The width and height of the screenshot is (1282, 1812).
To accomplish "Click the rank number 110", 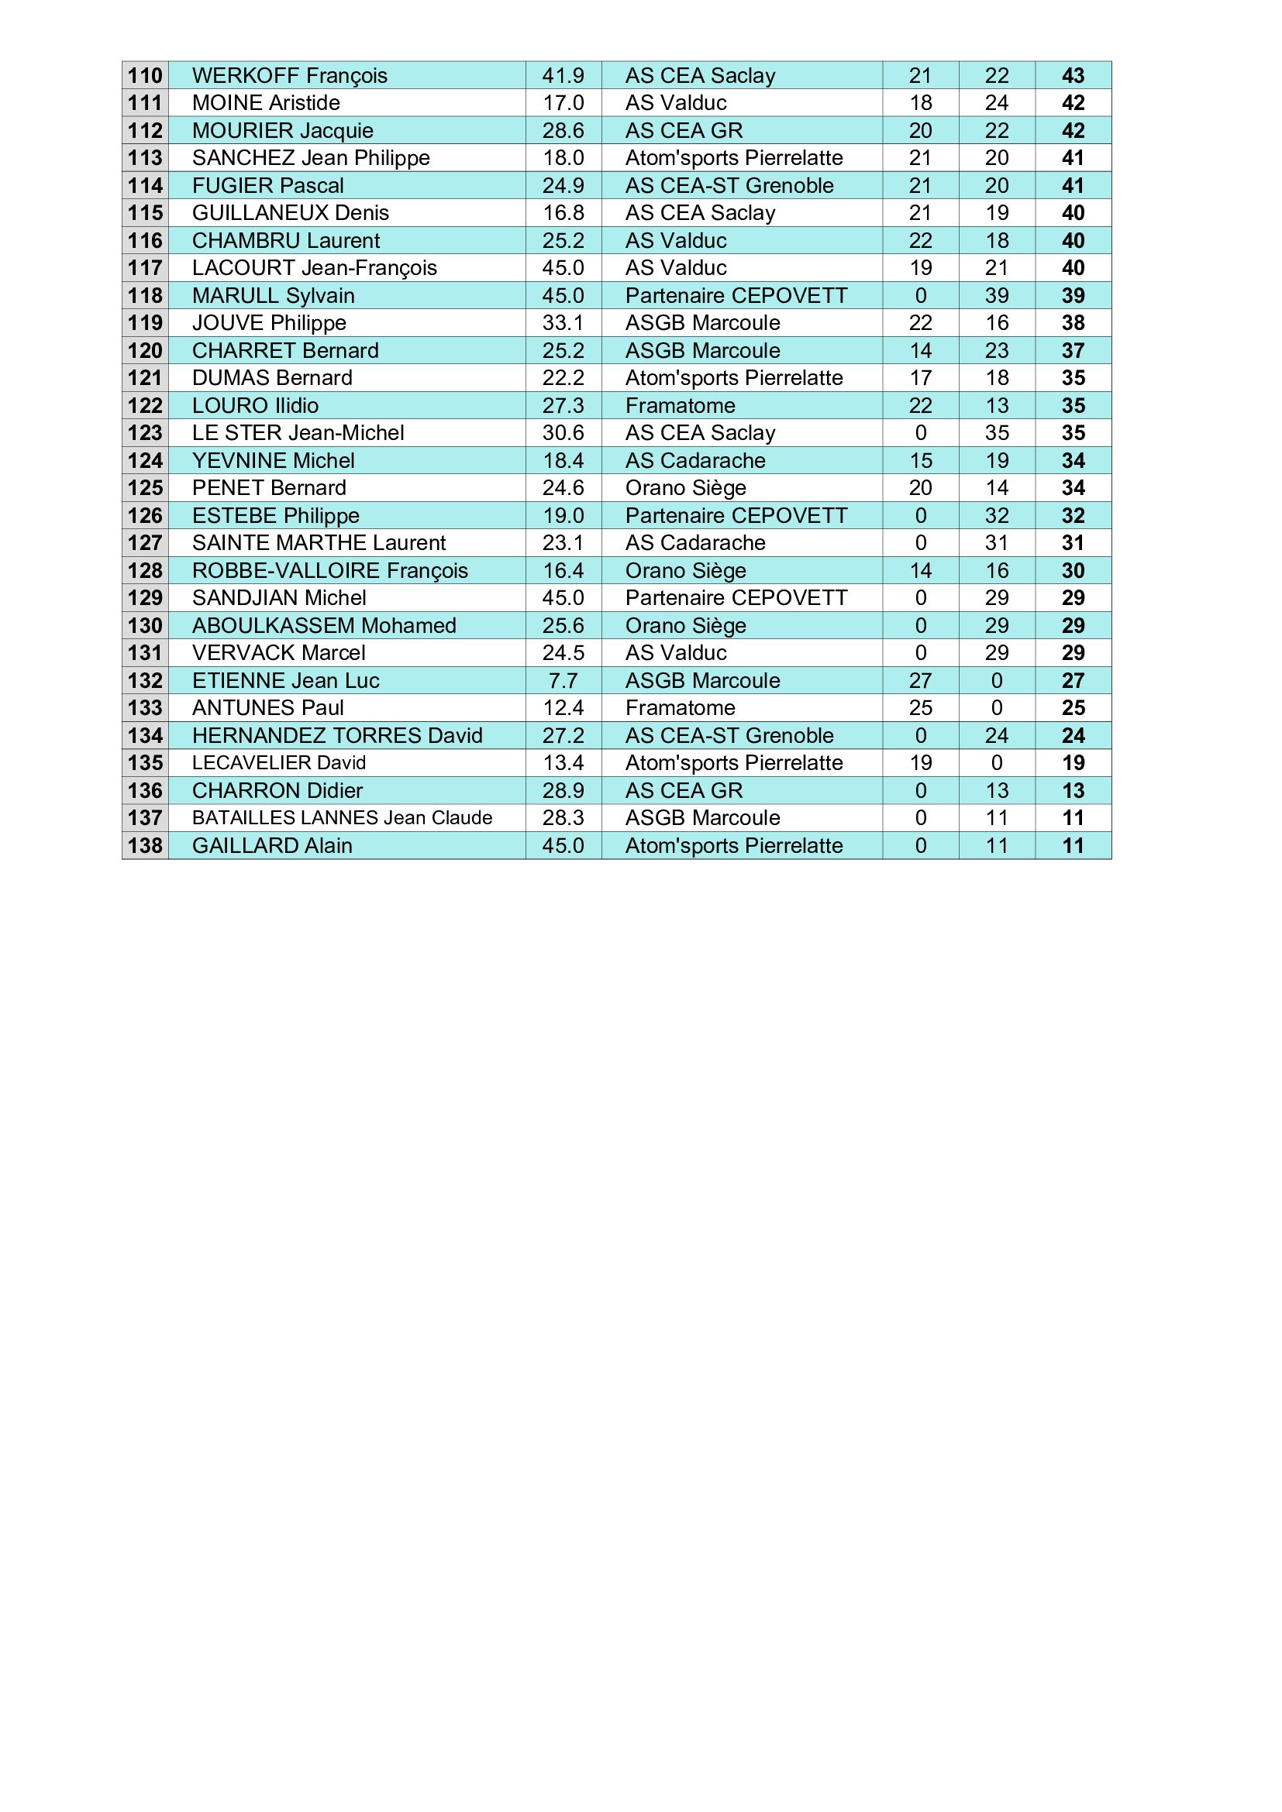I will [145, 76].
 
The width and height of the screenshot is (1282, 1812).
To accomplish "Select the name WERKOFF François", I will [290, 76].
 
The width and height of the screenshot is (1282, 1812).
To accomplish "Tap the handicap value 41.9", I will [563, 76].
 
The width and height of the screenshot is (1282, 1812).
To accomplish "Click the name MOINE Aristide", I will [266, 102].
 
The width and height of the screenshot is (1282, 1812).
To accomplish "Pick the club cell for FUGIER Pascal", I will [729, 185].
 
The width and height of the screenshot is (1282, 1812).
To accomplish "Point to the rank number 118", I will [145, 295].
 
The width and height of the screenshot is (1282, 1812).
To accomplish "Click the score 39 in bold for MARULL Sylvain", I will [1073, 295].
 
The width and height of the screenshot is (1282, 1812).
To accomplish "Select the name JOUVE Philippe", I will [269, 323].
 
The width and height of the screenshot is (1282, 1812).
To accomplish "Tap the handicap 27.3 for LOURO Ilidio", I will [563, 406].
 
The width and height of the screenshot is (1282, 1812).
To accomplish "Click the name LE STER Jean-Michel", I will [298, 432].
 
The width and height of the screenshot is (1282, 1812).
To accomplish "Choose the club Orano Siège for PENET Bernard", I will [685, 488].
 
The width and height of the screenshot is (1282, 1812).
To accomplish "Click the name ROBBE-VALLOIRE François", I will [330, 571].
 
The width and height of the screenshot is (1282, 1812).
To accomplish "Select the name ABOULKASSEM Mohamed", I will [325, 626].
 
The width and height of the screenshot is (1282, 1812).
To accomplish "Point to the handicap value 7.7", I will [563, 680].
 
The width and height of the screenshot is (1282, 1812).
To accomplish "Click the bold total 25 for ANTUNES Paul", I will [1073, 708].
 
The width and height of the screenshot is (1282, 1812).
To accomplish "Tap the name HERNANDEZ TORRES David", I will [337, 735].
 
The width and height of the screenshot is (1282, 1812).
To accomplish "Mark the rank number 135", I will [145, 763].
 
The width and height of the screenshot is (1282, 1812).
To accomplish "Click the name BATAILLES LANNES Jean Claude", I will [342, 817].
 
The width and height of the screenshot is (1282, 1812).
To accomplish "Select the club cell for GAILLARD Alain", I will [734, 845].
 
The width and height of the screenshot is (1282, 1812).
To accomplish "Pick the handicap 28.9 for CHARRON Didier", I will [563, 791].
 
